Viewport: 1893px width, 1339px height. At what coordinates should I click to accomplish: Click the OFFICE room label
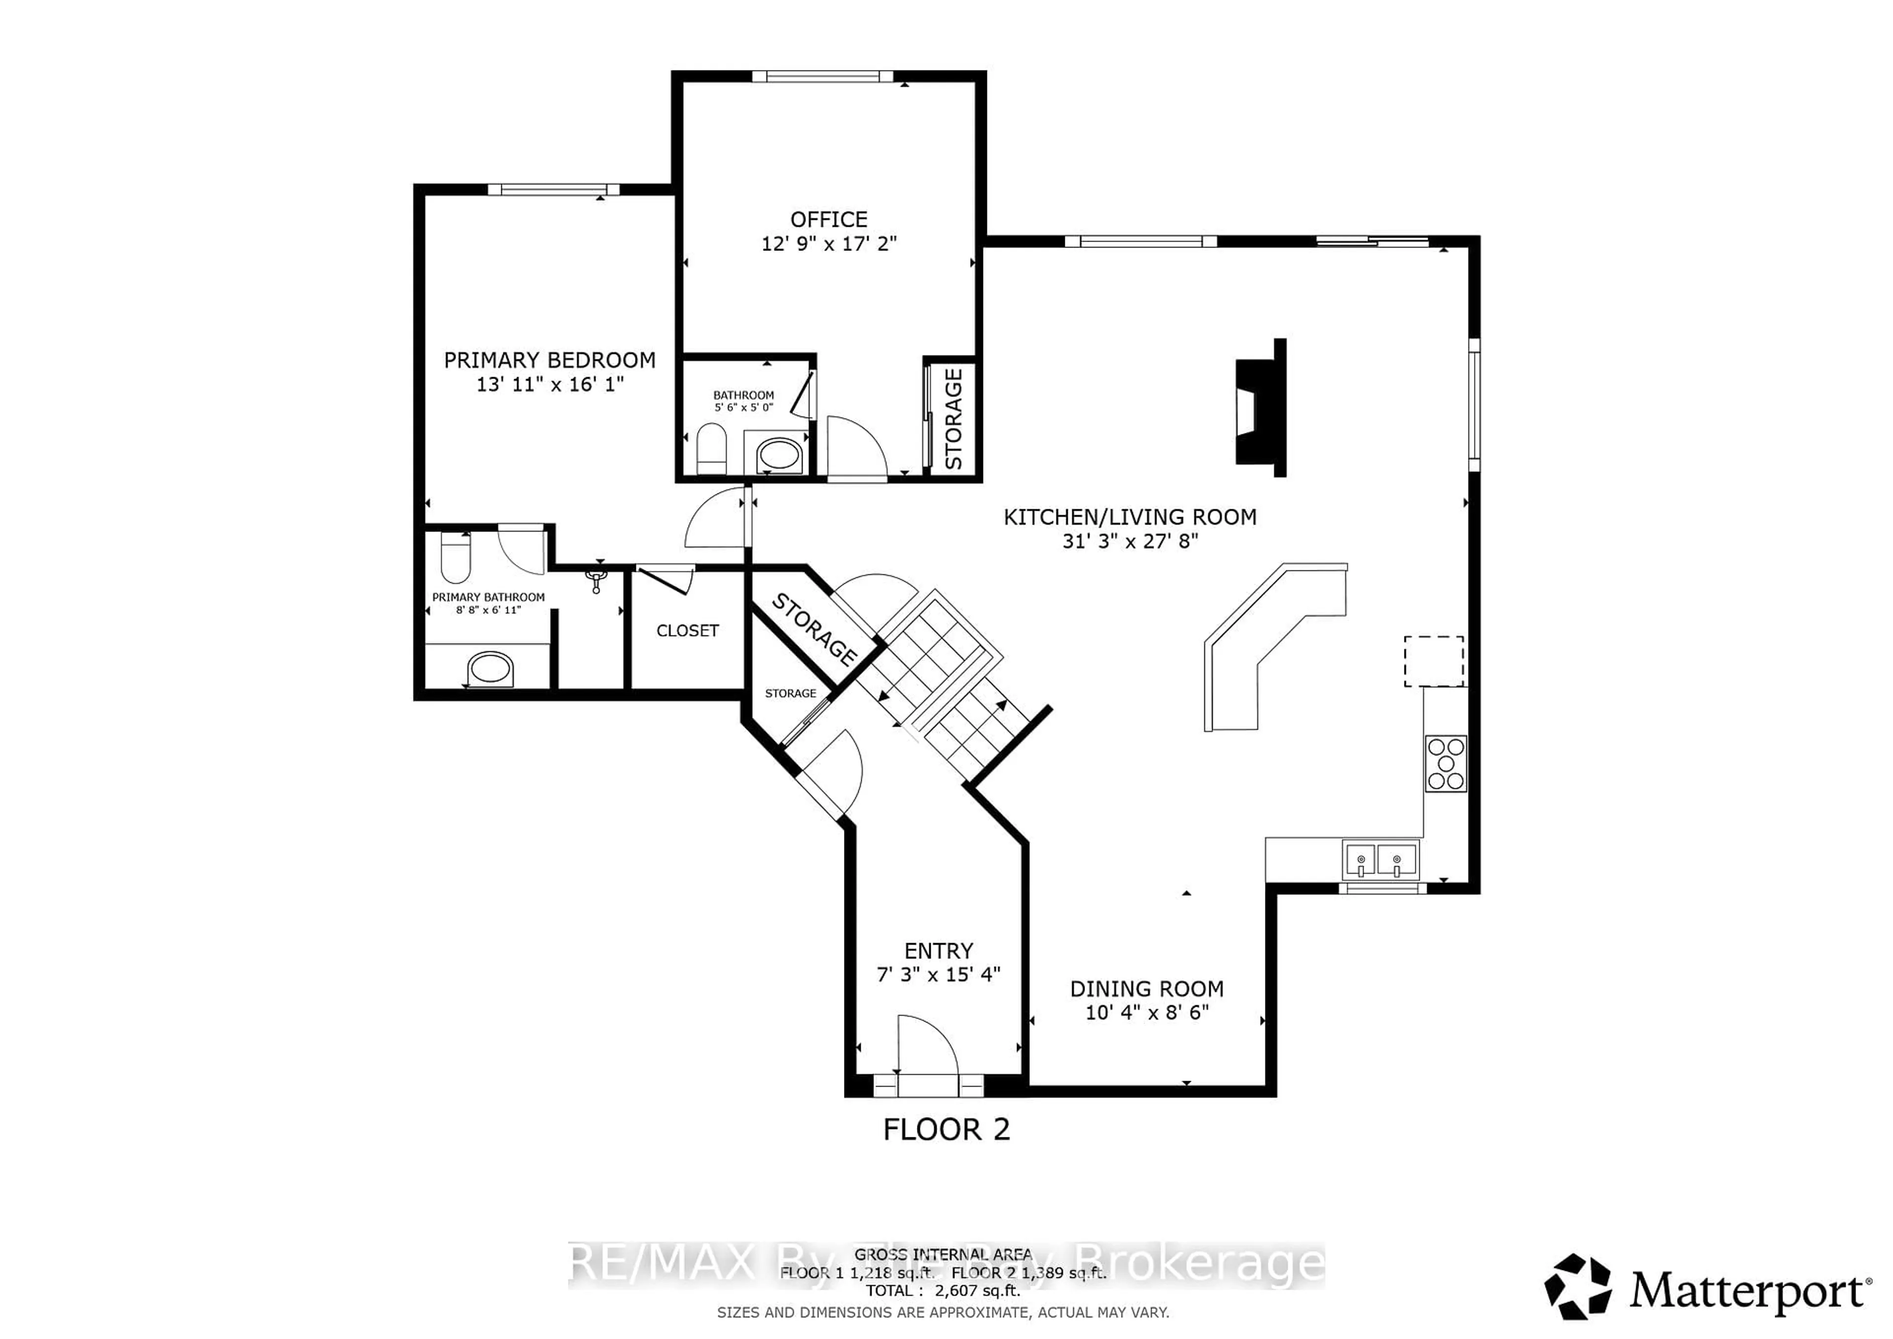829,219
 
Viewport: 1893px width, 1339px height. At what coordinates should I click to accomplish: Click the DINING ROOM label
1146,988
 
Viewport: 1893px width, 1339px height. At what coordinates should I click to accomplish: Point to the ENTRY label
938,951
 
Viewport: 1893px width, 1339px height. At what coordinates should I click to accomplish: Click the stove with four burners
1445,764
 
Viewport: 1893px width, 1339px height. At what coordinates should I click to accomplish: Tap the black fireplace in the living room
1259,408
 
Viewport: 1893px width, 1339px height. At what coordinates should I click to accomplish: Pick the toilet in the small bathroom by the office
711,449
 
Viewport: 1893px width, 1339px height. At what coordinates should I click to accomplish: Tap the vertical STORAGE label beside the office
954,419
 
